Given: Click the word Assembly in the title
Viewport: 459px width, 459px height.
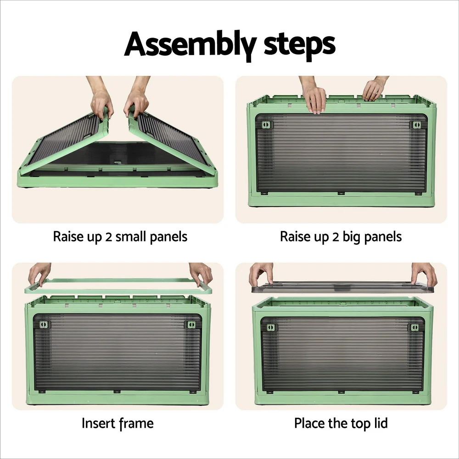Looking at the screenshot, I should click(x=188, y=45).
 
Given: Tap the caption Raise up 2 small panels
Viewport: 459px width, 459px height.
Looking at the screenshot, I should click(x=120, y=237).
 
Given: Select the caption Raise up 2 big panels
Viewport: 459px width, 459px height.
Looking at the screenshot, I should click(x=341, y=237).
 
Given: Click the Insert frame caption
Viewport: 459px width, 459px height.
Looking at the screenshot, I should click(x=118, y=423).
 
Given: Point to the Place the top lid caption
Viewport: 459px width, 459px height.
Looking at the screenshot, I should click(x=341, y=423).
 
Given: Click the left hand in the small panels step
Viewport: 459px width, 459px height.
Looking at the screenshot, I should click(x=101, y=101).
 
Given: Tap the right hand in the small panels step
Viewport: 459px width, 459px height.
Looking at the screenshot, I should click(x=136, y=101).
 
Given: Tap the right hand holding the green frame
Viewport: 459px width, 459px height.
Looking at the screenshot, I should click(x=201, y=274).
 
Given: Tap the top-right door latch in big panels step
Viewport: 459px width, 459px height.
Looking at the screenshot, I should click(x=416, y=125).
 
